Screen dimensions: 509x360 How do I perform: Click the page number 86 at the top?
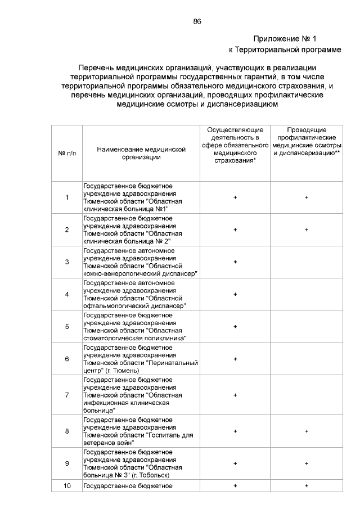tap(197, 21)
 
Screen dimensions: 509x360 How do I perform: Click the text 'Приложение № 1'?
tap(285, 39)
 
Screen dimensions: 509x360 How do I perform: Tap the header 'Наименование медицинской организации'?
tap(141, 153)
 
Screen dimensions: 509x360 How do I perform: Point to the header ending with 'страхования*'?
tap(235, 145)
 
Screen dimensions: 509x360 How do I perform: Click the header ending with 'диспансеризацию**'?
tap(307, 141)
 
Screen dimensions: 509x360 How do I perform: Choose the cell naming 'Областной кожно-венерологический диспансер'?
tap(141, 262)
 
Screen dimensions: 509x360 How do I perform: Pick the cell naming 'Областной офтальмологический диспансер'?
tap(141, 294)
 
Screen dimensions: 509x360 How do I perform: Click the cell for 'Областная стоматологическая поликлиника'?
tap(141, 326)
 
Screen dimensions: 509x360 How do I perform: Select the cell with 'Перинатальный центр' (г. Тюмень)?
tap(141, 359)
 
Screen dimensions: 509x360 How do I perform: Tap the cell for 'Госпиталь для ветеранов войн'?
tap(141, 431)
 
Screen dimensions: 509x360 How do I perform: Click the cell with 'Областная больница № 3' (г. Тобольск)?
tap(141, 463)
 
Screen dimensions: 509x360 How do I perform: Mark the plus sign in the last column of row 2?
tap(307, 229)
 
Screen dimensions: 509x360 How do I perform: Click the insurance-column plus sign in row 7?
tap(235, 395)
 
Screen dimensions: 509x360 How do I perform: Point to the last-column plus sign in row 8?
tap(307, 431)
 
